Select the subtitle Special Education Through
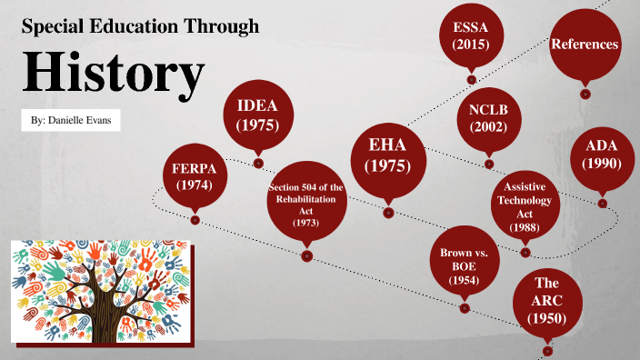(140, 27)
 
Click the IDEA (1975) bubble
(257, 115)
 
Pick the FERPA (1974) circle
(194, 175)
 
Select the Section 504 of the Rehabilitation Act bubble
(306, 204)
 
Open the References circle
(585, 44)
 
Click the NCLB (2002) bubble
(489, 118)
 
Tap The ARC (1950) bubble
(546, 303)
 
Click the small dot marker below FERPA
(195, 219)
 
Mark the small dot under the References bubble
(585, 93)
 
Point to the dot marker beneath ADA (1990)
(602, 204)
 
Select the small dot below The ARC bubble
(546, 350)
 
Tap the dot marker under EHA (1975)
(388, 213)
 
